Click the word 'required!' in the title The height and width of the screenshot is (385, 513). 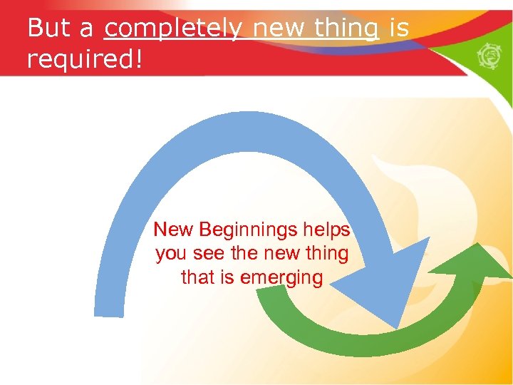pyautogui.click(x=85, y=60)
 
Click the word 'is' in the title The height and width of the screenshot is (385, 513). pyautogui.click(x=400, y=29)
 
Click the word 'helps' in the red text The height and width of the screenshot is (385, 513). pyautogui.click(x=327, y=230)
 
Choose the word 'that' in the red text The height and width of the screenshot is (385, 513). pyautogui.click(x=197, y=277)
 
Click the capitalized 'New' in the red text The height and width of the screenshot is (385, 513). pyautogui.click(x=174, y=230)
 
